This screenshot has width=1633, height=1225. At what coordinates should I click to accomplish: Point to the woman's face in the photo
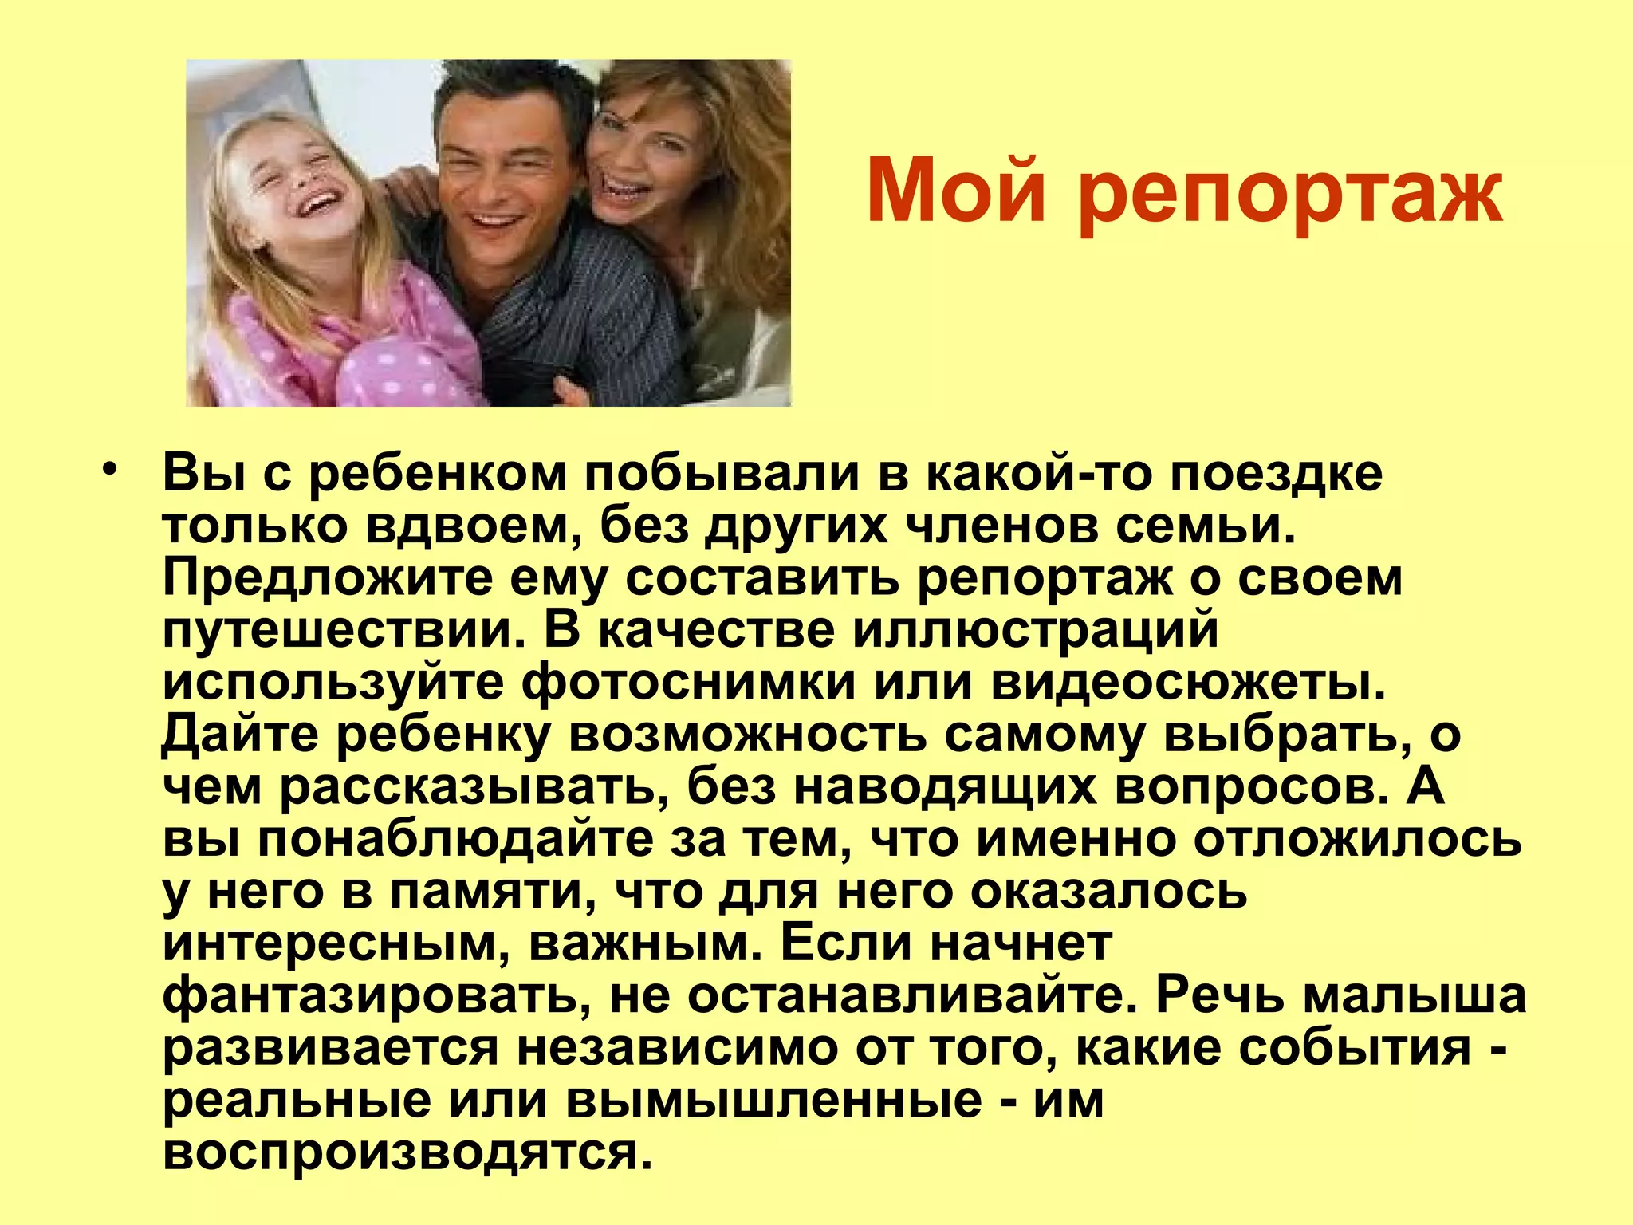[642, 160]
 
